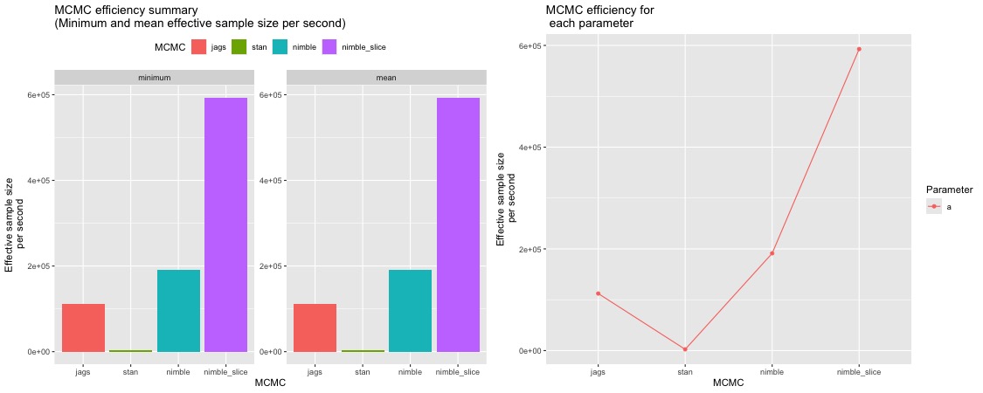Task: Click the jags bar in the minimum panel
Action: pos(83,327)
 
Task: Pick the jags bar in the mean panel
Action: pos(315,327)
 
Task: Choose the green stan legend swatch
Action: pos(241,47)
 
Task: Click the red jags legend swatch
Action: pos(199,47)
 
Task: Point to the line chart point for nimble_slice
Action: pos(859,49)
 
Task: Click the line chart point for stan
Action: pos(685,349)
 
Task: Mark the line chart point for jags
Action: pos(598,293)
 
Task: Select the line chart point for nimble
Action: pos(772,253)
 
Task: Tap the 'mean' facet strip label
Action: pos(385,78)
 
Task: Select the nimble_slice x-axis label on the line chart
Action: pos(859,371)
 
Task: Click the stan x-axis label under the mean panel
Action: pos(363,371)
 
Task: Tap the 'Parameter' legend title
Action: pos(949,189)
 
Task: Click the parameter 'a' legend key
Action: pos(935,206)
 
